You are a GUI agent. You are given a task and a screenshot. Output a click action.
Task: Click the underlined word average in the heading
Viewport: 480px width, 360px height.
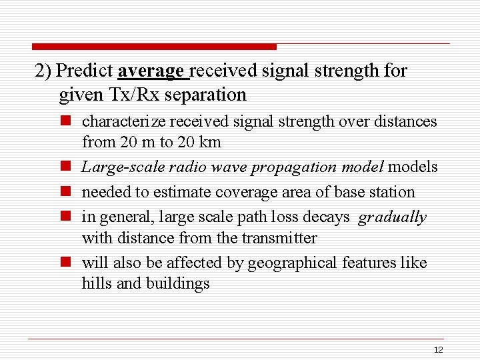coord(153,71)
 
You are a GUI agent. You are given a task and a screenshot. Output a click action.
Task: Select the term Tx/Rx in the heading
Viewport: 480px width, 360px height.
coord(131,95)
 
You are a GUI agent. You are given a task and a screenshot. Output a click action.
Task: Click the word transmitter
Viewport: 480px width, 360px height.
coord(279,238)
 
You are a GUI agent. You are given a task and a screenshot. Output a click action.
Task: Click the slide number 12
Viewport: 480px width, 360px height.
coord(438,350)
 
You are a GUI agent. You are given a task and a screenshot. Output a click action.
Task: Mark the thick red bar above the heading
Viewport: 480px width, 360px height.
coord(153,47)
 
